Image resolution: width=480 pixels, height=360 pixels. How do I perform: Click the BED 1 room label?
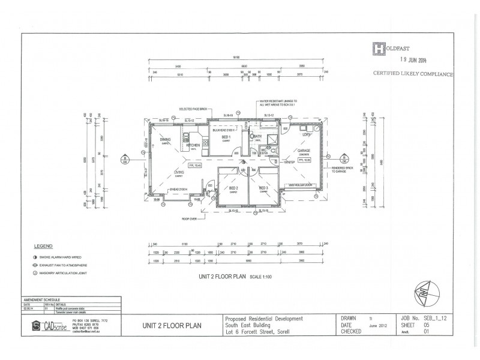226,137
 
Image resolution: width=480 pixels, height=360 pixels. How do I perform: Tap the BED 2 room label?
234,188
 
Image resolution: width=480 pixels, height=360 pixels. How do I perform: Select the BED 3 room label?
263,188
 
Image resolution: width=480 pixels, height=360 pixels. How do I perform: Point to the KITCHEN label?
193,145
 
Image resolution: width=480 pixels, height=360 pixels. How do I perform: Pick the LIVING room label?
179,172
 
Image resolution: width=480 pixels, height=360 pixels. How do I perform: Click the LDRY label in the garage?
306,135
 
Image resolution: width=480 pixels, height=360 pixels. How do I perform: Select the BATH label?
258,137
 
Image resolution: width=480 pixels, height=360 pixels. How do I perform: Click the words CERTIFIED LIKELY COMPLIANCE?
413,74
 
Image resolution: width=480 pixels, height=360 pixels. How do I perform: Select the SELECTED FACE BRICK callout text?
191,109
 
